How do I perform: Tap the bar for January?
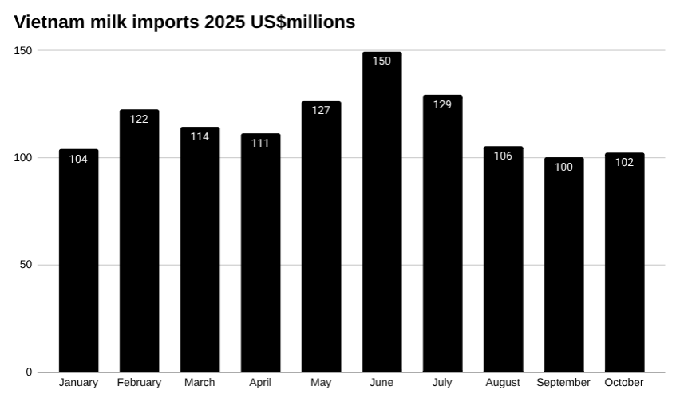point(78,263)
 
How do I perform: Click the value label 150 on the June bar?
point(382,61)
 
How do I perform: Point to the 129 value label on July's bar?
point(442,104)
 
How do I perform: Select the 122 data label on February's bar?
point(139,120)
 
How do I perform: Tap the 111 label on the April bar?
point(260,143)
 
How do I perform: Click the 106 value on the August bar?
point(503,156)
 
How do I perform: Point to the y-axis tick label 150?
point(23,50)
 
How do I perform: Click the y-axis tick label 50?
point(26,265)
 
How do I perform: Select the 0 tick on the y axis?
point(30,372)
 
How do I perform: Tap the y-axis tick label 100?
point(23,158)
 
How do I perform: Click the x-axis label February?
point(139,383)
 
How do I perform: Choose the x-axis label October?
point(624,383)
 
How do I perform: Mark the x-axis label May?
point(321,383)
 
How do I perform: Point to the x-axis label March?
point(200,383)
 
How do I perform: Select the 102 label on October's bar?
point(624,162)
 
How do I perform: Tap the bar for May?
point(321,239)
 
